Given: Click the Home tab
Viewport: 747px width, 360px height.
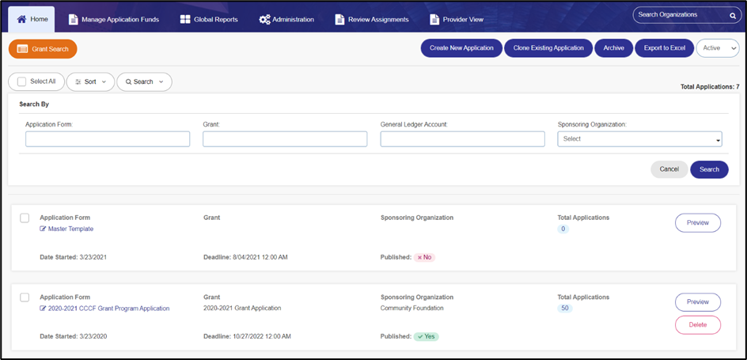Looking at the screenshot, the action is click(32, 20).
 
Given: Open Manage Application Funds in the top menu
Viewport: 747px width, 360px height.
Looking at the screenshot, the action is click(114, 20).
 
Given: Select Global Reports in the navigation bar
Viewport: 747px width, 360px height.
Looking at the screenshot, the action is click(209, 20).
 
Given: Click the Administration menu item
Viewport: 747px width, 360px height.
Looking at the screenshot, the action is click(286, 20).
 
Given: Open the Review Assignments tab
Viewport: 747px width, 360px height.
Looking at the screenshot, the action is click(372, 20).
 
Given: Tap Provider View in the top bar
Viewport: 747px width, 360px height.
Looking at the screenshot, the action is click(457, 20).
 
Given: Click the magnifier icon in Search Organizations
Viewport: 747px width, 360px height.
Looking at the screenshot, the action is click(733, 15).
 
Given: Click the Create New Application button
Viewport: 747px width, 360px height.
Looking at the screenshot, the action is click(461, 48).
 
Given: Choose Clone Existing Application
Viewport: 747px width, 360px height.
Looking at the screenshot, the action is click(548, 48).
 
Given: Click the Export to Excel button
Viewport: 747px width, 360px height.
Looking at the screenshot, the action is click(664, 48).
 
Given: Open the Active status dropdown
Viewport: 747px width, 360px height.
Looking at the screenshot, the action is click(718, 48).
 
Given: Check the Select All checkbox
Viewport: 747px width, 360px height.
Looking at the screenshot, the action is click(21, 82).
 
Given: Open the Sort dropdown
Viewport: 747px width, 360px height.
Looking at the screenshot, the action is click(90, 82).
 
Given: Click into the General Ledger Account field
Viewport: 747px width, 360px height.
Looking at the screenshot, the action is click(463, 139).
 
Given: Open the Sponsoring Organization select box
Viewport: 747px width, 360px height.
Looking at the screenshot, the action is click(640, 139).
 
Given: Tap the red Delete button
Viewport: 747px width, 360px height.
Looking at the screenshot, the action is click(697, 324).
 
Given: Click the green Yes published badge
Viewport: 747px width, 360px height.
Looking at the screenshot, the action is click(426, 336).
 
